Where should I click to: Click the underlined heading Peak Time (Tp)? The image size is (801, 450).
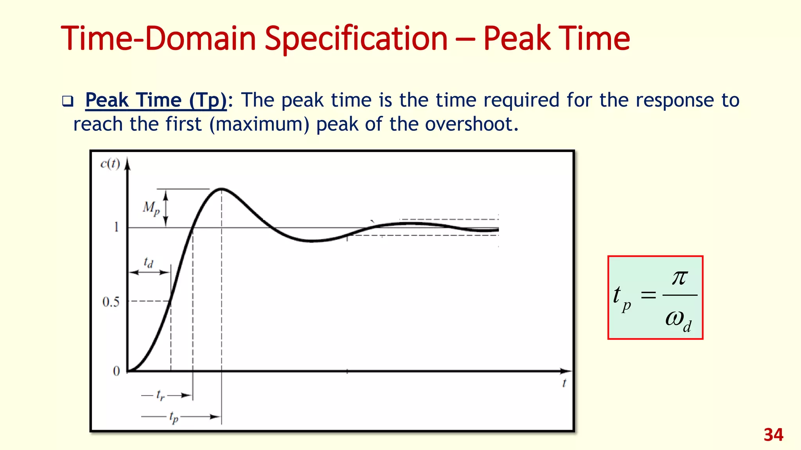click(x=156, y=100)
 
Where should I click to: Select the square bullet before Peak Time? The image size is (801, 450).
click(x=68, y=102)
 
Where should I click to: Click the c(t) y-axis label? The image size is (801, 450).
click(x=110, y=164)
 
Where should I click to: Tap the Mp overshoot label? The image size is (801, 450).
click(x=151, y=208)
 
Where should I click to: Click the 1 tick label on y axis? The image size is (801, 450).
click(x=116, y=227)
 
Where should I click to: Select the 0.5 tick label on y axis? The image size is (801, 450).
click(x=111, y=302)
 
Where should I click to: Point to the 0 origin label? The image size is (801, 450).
click(x=116, y=371)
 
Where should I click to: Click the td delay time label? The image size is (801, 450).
click(x=149, y=262)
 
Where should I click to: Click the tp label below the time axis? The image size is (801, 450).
click(x=174, y=417)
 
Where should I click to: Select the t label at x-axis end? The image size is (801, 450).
click(x=564, y=383)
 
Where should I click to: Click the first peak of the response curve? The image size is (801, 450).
click(x=221, y=189)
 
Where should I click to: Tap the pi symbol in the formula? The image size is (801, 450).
click(x=679, y=278)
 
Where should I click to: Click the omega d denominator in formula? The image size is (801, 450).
click(x=678, y=320)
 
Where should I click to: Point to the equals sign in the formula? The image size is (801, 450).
click(x=648, y=295)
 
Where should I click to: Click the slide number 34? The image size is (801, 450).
click(x=773, y=435)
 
